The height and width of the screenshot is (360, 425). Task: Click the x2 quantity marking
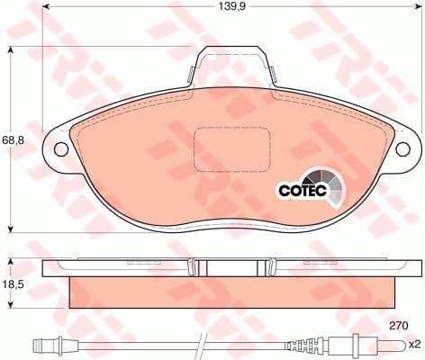click(413, 345)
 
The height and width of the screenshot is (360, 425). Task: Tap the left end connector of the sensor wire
click(45, 343)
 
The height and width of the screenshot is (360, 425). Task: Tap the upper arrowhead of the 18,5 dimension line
click(9, 261)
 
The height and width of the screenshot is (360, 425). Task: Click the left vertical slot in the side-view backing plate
click(194, 267)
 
